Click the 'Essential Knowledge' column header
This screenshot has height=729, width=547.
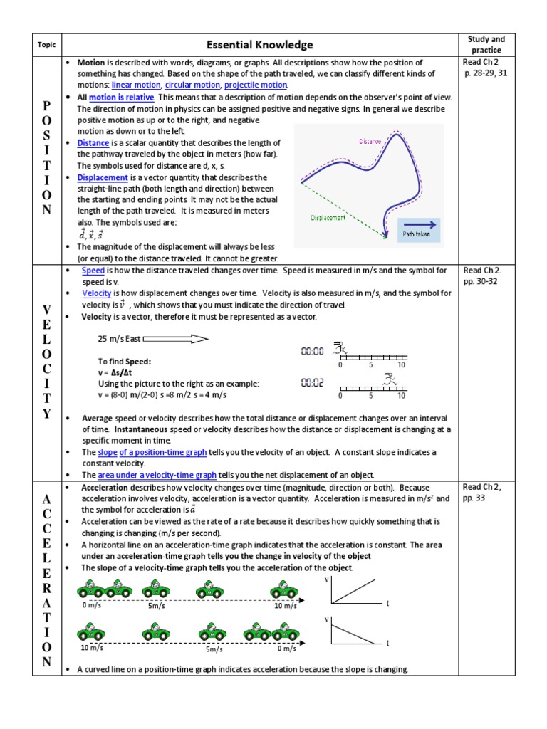[259, 45]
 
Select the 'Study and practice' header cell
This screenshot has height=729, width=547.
[486, 45]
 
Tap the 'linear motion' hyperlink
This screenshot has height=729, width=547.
[135, 85]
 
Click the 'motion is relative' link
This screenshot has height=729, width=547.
[122, 97]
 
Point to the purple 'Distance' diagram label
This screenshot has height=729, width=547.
[370, 141]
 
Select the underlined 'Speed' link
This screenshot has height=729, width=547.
[93, 271]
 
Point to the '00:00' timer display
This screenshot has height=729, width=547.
[313, 351]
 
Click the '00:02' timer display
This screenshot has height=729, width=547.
[313, 382]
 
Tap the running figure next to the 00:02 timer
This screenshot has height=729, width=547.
[389, 379]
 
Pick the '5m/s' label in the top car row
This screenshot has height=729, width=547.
[157, 606]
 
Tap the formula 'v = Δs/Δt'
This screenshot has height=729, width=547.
[118, 372]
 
